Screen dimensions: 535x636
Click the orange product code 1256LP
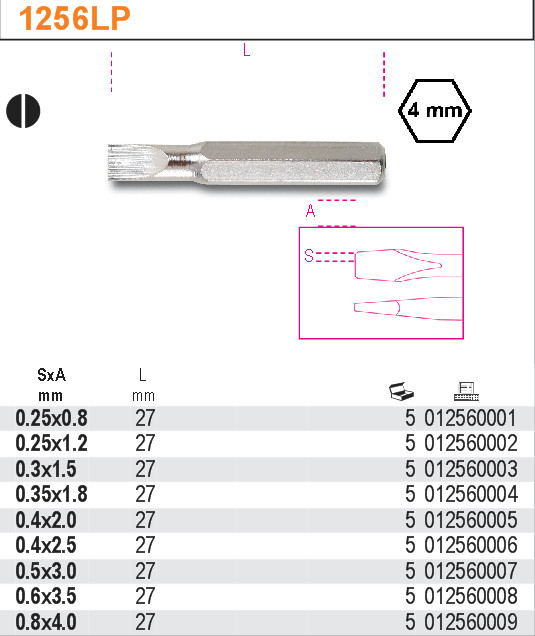[x=75, y=19]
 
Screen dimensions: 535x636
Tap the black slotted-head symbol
[x=23, y=111]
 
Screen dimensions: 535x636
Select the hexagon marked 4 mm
[x=435, y=111]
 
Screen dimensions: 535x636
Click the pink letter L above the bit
[x=247, y=50]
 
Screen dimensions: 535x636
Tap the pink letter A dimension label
[x=310, y=211]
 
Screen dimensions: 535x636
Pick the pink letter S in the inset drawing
[x=309, y=256]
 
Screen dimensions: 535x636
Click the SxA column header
[x=51, y=375]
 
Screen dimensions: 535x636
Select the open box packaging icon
[x=401, y=391]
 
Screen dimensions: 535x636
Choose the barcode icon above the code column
[x=466, y=391]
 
